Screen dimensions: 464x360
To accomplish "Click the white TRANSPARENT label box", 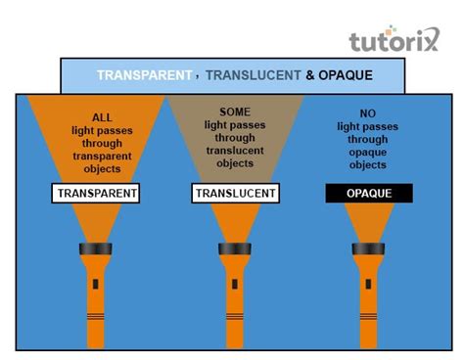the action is tap(97, 194).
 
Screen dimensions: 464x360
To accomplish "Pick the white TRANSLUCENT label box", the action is tap(233, 194).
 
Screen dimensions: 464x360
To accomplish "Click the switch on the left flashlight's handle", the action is tap(96, 286).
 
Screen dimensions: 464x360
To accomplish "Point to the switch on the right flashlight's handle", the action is tap(368, 286).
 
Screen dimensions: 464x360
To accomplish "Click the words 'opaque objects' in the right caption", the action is tap(369, 159).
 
